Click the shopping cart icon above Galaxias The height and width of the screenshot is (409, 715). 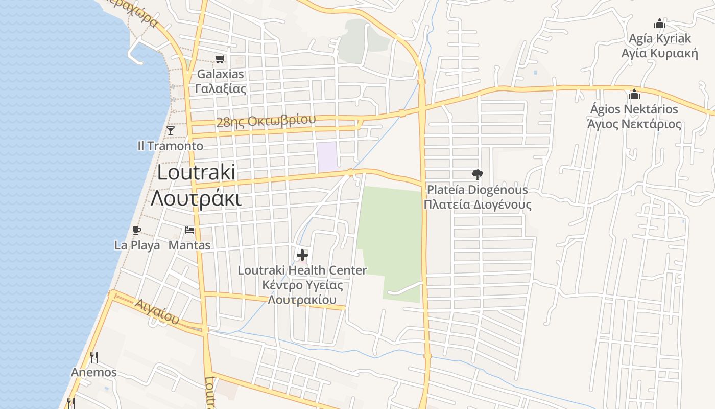click(220, 59)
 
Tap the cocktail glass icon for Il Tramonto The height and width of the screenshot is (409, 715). click(171, 131)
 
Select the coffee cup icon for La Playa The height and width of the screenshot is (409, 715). click(136, 230)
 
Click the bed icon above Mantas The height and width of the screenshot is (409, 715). click(189, 230)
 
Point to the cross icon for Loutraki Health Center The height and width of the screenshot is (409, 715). click(302, 255)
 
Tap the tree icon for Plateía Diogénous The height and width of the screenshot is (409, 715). click(477, 175)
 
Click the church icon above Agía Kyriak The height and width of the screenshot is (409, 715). click(660, 24)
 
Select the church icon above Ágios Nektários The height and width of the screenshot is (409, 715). click(634, 94)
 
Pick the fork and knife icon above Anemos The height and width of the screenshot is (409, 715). click(93, 357)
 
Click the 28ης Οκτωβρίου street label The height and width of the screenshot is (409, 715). click(266, 121)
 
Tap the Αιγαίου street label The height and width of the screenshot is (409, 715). click(157, 311)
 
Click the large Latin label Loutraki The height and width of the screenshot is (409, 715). click(196, 172)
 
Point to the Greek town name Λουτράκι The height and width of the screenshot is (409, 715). click(196, 198)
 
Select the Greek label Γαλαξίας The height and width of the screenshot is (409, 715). click(221, 88)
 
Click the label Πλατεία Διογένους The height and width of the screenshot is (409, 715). click(477, 205)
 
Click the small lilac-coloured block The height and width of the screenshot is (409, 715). click(327, 157)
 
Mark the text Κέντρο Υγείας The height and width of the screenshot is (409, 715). click(302, 285)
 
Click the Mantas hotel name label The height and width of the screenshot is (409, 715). click(189, 245)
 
